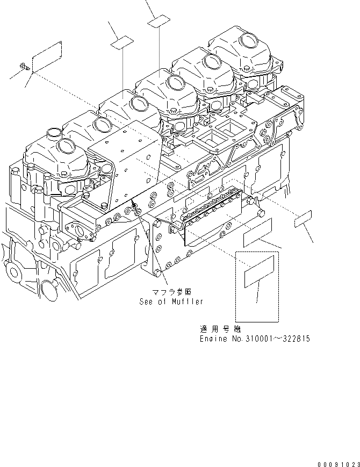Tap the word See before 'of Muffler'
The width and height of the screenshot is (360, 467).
(147, 302)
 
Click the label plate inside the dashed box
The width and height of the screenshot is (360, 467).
(260, 275)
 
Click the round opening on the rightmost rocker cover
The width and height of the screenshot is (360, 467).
(250, 41)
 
